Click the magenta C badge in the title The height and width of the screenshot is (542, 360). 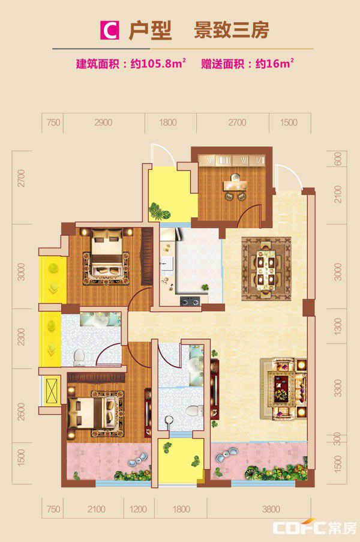point(110,31)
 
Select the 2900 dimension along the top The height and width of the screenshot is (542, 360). point(103,122)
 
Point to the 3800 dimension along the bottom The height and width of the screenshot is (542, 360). point(271,509)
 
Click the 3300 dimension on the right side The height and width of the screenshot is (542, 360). point(338,388)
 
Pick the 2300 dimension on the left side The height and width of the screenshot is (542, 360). point(22,337)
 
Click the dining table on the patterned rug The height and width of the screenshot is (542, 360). point(266,269)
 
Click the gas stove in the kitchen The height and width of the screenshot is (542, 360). point(190,301)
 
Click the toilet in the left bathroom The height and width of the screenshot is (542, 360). point(79,357)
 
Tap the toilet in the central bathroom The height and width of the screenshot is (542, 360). point(195,411)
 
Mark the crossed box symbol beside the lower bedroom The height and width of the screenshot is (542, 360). point(51,391)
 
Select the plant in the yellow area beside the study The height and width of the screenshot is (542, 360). point(159,211)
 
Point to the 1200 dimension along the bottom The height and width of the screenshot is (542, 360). point(138,509)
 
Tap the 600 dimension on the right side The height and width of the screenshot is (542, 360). point(338,158)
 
